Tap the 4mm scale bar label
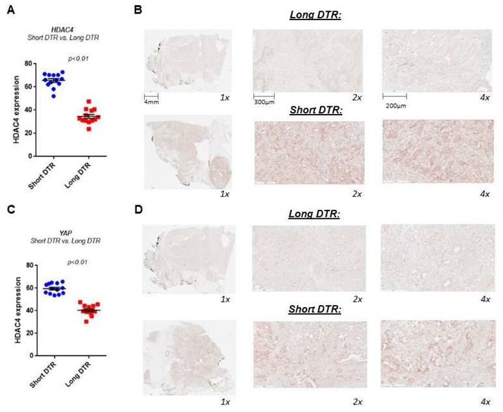tap(151, 102)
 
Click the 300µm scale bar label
tap(264, 102)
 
